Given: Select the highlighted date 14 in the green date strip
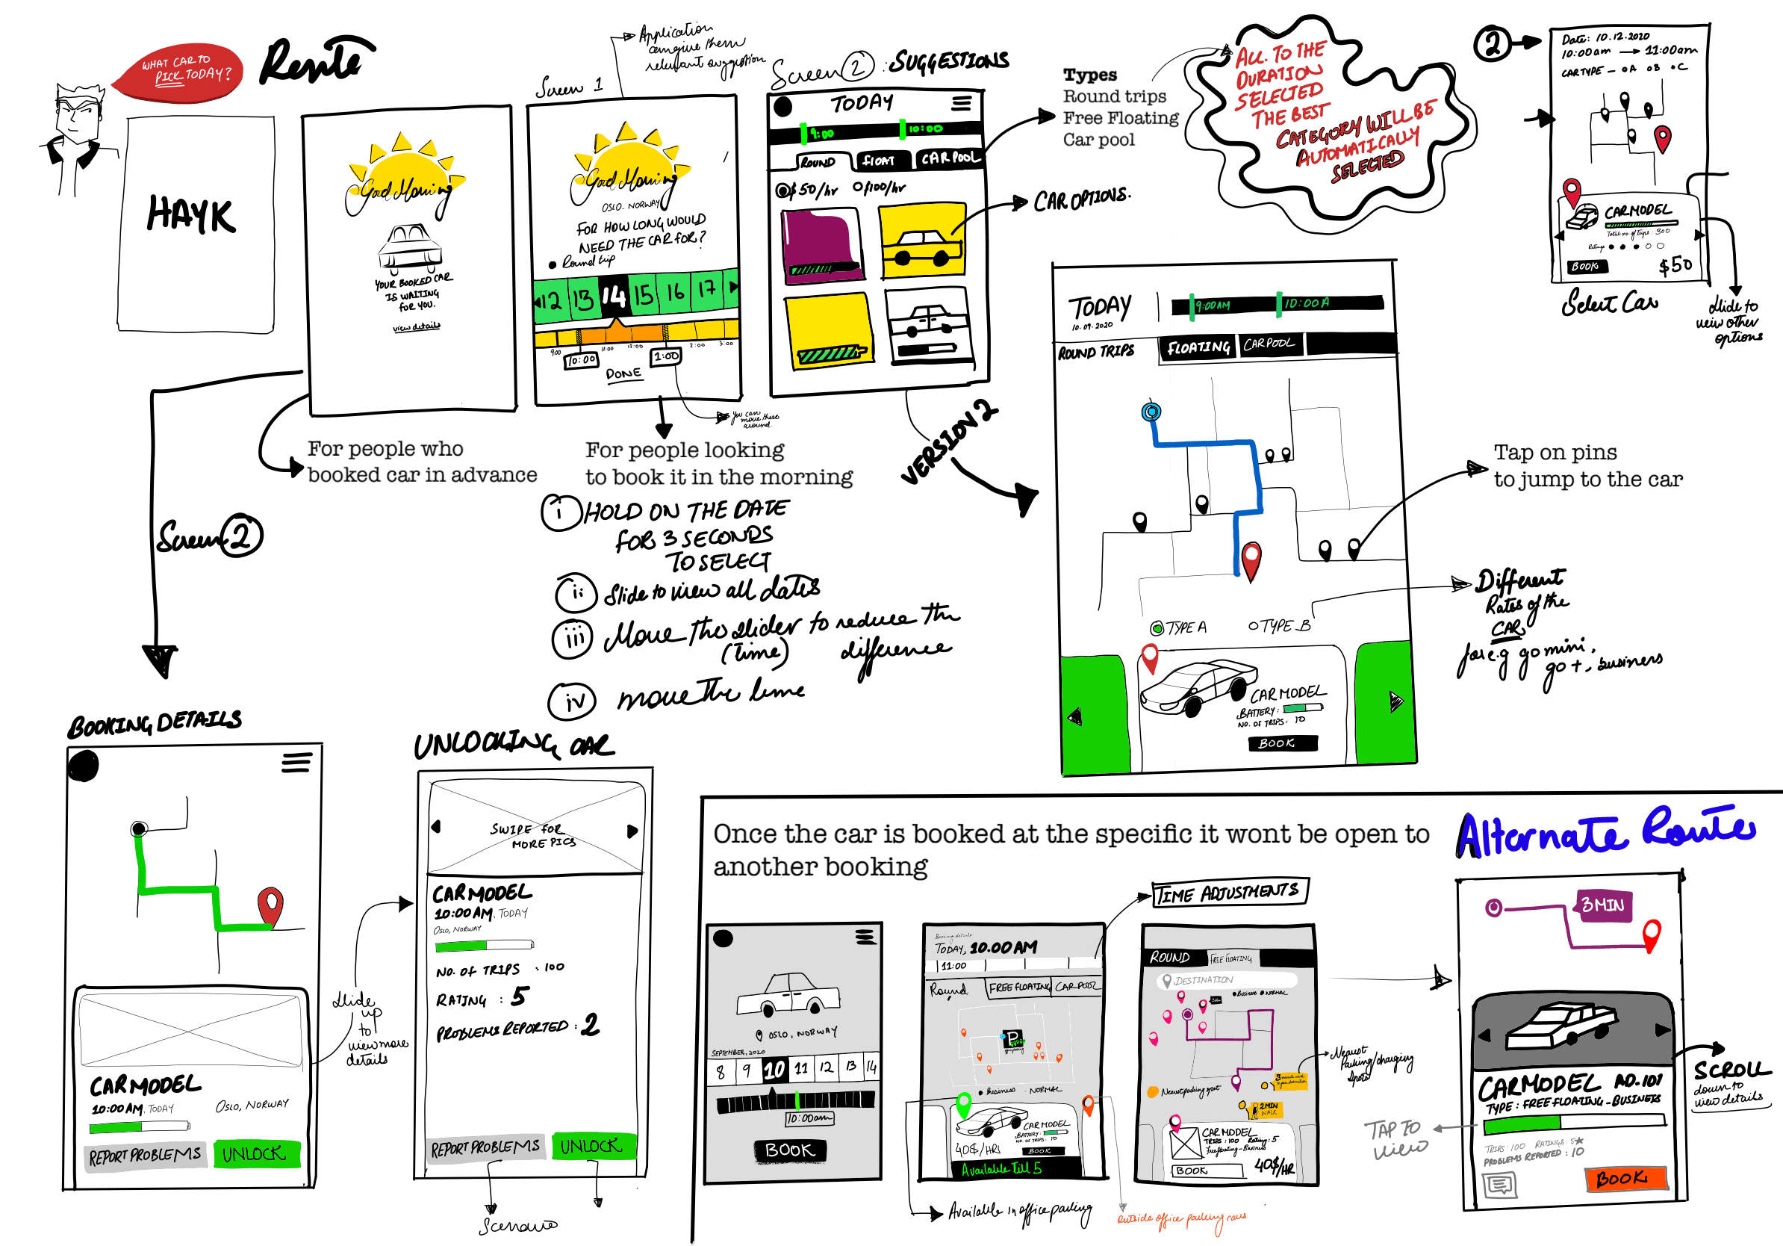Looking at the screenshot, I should click(x=614, y=296).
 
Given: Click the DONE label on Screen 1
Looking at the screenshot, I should click(x=623, y=374).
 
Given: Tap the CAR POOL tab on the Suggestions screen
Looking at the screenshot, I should click(x=950, y=158).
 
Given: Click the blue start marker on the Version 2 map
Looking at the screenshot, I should click(x=1151, y=412).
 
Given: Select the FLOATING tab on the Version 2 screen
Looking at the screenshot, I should click(x=1198, y=347).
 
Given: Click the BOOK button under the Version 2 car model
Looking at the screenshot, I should click(x=1282, y=743).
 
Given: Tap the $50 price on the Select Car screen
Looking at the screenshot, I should click(x=1675, y=266).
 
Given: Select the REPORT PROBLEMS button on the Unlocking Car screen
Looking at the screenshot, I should click(x=485, y=1148).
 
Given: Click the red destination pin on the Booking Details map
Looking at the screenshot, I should click(x=270, y=905).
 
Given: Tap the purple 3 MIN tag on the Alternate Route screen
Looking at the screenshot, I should click(x=1603, y=905).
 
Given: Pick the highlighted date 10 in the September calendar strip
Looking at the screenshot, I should click(x=774, y=1070).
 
